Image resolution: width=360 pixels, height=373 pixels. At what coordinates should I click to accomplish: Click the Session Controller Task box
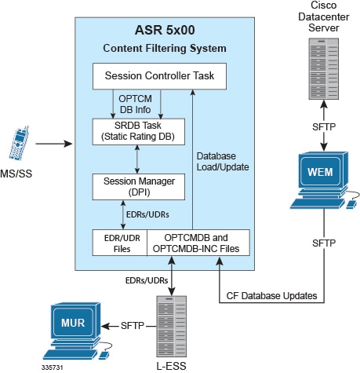[x=159, y=76]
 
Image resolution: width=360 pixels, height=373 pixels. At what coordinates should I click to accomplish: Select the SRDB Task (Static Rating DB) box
[x=139, y=132]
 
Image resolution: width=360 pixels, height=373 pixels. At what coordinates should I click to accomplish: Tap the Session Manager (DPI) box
[x=139, y=187]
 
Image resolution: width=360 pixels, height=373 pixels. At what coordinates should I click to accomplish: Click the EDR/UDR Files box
[x=120, y=243]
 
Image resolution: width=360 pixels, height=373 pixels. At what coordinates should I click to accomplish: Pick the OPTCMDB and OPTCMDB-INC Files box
[x=198, y=243]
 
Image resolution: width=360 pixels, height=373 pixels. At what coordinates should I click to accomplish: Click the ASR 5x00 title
[x=165, y=30]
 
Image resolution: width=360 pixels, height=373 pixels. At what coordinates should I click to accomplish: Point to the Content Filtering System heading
[x=165, y=48]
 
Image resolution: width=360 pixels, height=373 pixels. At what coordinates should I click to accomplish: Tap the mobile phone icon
[x=19, y=143]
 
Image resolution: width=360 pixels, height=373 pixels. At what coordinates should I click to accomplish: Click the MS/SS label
[x=16, y=174]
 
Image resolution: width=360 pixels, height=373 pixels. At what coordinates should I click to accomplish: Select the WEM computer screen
[x=321, y=172]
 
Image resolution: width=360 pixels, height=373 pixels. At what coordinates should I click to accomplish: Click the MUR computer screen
[x=73, y=322]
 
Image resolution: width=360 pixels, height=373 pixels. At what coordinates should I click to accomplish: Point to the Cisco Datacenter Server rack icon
[x=324, y=69]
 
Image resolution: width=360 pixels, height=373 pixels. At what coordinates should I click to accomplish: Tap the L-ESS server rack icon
[x=172, y=327]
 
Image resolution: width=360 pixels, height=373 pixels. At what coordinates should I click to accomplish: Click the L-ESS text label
[x=172, y=366]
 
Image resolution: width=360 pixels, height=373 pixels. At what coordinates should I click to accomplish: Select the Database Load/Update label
[x=223, y=162]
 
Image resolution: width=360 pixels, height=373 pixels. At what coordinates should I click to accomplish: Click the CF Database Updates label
[x=271, y=296]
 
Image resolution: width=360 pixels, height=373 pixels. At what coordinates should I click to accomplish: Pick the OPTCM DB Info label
[x=135, y=104]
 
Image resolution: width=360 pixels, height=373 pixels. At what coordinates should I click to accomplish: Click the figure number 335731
[x=53, y=368]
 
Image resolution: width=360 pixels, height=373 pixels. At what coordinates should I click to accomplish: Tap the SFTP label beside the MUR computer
[x=133, y=326]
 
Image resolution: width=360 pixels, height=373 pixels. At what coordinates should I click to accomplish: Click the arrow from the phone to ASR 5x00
[x=54, y=144]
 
